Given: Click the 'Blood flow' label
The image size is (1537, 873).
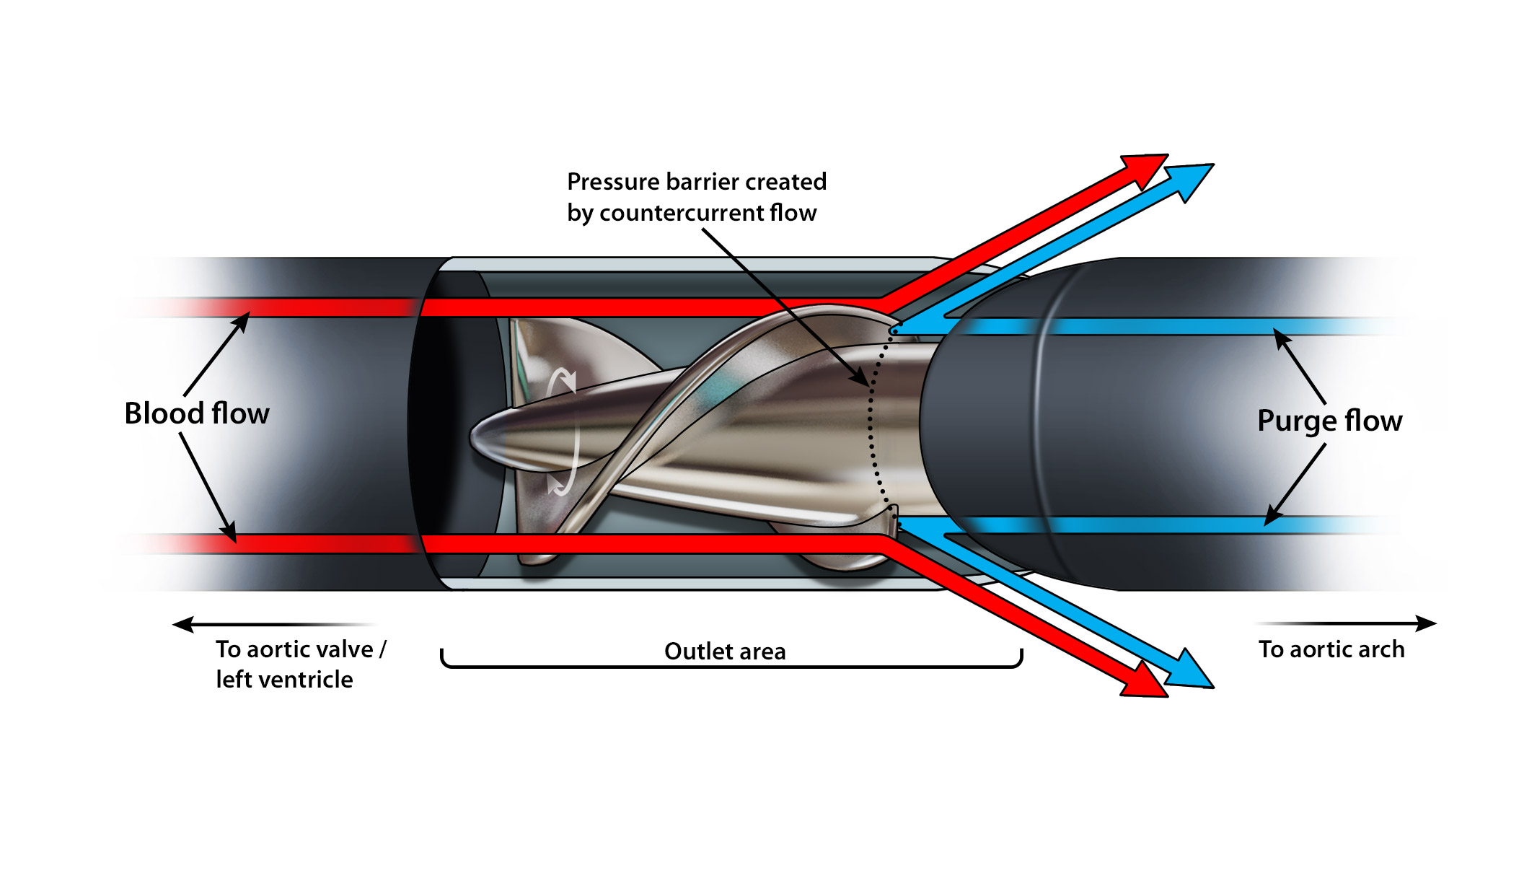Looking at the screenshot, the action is tap(197, 413).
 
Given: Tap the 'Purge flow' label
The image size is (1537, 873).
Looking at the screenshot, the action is tap(1329, 421).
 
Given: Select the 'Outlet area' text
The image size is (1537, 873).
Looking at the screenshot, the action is tap(725, 652).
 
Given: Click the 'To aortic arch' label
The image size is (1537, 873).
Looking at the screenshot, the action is tap(1331, 649).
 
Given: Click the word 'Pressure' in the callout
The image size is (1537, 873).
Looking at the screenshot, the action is tap(610, 182).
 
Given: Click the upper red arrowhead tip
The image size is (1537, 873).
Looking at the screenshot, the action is tap(1168, 154).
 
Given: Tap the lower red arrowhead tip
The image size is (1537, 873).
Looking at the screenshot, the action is tap(1167, 696).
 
